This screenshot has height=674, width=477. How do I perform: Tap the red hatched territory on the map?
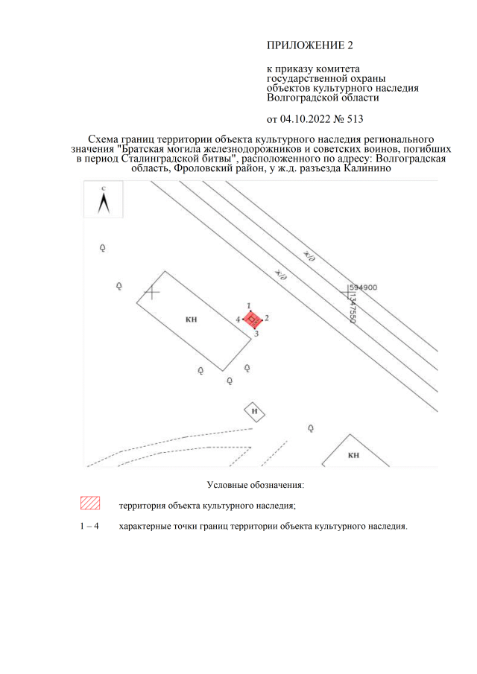tap(253, 319)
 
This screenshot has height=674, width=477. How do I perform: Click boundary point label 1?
tap(249, 306)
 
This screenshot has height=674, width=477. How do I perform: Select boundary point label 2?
tap(267, 318)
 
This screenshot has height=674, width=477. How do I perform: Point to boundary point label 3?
tap(256, 334)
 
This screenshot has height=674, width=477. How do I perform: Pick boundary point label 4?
tap(238, 319)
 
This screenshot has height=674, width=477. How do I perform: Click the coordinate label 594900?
tap(363, 287)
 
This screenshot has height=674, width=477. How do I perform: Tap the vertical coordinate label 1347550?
tap(352, 308)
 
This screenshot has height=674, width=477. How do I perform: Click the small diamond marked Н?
tap(254, 412)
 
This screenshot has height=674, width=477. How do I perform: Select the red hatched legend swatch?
tap(90, 503)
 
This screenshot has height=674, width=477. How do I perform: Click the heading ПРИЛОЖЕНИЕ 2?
tap(310, 45)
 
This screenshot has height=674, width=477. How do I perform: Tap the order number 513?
tap(356, 119)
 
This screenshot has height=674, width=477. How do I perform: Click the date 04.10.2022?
tap(306, 119)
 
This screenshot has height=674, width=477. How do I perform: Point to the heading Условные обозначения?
tap(256, 485)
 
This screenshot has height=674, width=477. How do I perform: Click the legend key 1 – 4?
tap(89, 526)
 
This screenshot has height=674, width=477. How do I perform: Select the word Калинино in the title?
tap(367, 168)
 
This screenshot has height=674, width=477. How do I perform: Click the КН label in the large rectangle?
tap(192, 319)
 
